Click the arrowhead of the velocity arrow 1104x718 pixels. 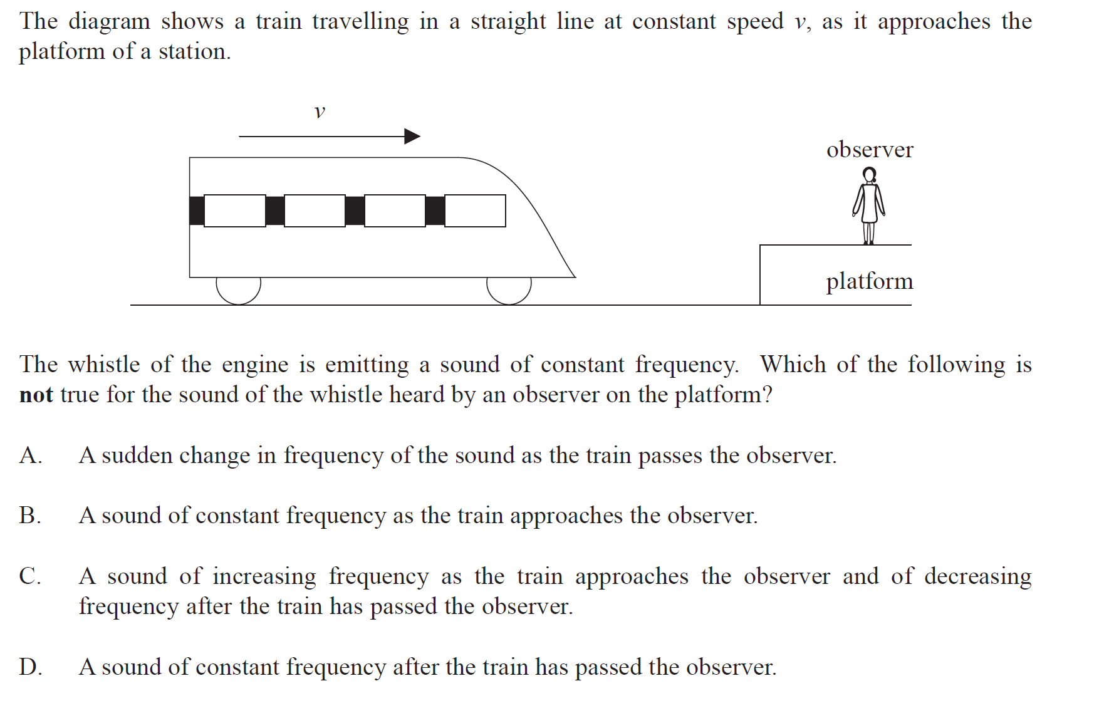pyautogui.click(x=413, y=136)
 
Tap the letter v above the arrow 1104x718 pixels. pyautogui.click(x=320, y=112)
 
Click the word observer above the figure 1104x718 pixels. pyautogui.click(x=870, y=150)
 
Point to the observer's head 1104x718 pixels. pyautogui.click(x=869, y=174)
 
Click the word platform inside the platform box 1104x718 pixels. pyautogui.click(x=869, y=281)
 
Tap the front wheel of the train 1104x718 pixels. pyautogui.click(x=509, y=290)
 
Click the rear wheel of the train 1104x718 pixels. pyautogui.click(x=238, y=290)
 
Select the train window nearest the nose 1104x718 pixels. pyautogui.click(x=475, y=211)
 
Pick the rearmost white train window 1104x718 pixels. pyautogui.click(x=235, y=211)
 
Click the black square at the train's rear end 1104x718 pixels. pyautogui.click(x=197, y=211)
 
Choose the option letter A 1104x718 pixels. pyautogui.click(x=29, y=455)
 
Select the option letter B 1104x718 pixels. pyautogui.click(x=29, y=516)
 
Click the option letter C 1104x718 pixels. pyautogui.click(x=29, y=576)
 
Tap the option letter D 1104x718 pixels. pyautogui.click(x=29, y=667)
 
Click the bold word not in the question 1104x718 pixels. pyautogui.click(x=36, y=395)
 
